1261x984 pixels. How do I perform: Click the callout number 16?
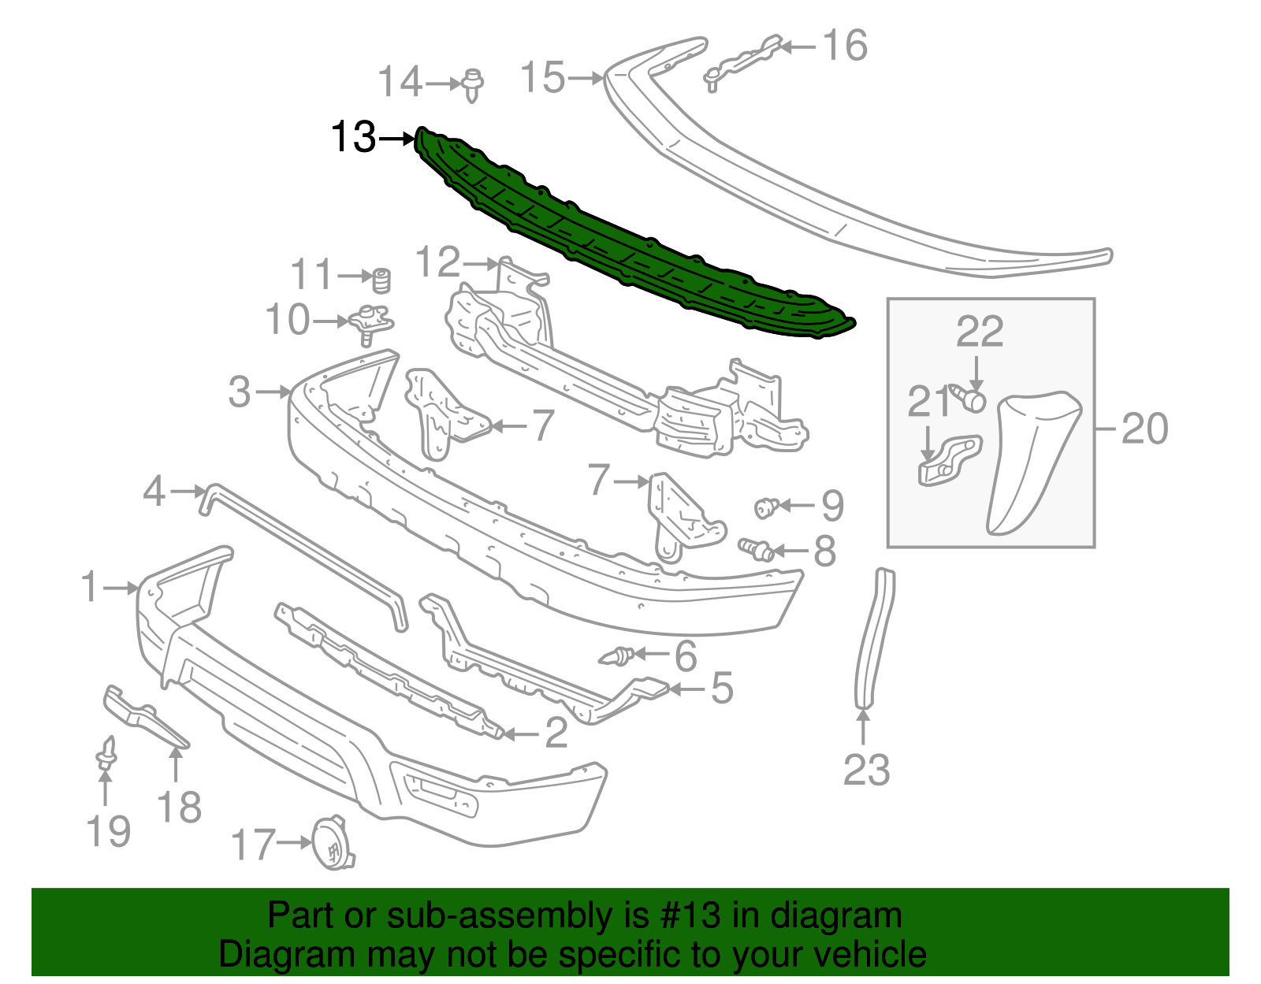(845, 46)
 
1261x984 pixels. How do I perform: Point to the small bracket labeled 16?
(741, 59)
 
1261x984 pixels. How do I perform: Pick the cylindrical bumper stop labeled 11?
(381, 279)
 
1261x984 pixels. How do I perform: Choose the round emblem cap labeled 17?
(332, 843)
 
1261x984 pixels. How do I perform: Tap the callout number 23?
(866, 770)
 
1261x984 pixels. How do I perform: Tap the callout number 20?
(1144, 429)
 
